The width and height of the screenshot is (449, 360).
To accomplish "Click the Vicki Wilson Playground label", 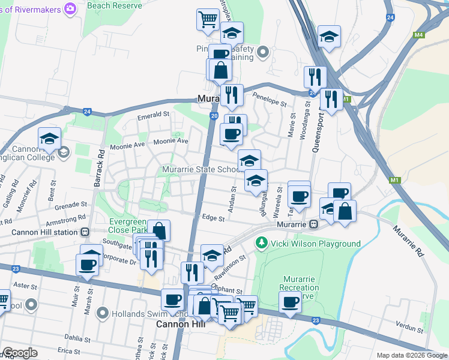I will pos(315,244).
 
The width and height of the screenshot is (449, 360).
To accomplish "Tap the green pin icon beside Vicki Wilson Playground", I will pos(261,243).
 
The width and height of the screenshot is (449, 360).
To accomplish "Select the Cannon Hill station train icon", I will pos(85,232).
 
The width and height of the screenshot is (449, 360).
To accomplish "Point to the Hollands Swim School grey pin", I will pos(102,313).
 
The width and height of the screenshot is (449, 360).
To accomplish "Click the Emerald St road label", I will pos(153,115).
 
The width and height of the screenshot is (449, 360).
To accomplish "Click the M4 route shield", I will pos(419,35).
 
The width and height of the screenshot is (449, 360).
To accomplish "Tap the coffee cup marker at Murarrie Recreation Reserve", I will pos(291,302).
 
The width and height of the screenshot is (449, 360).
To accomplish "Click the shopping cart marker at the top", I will pos(208,19).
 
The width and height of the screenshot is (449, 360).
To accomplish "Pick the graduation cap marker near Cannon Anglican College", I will pos(50,139).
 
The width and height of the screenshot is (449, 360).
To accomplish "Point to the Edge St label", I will pos(213,218).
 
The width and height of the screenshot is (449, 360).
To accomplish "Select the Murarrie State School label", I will pos(202,170).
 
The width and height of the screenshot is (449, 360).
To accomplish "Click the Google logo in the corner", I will pos(20,353).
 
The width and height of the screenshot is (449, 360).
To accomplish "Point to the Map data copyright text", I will pos(411,355).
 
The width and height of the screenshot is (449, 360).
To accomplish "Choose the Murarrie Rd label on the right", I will pos(409,241).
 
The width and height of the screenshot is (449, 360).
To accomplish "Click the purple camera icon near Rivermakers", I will pos(70,8).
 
